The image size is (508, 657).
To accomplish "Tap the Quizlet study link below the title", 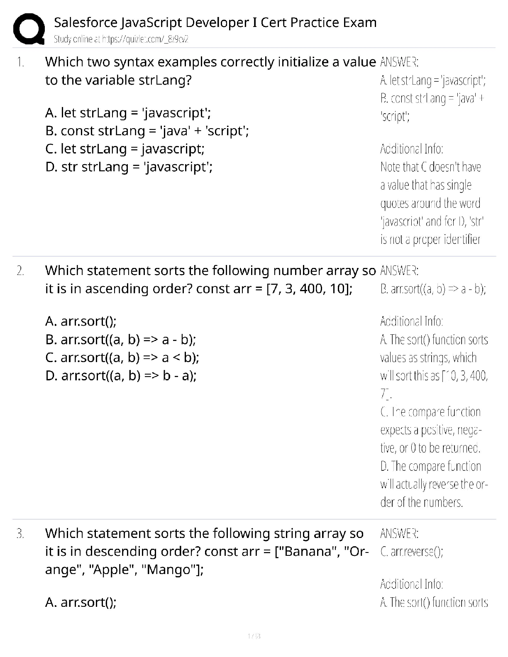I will pos(121,39).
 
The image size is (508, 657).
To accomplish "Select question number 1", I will pos(20,62).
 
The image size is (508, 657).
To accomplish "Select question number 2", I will pos(20,271).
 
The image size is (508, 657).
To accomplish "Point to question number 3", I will pos(20,533).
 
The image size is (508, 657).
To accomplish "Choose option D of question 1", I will pos(129,167).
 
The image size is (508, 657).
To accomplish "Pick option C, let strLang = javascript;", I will pos(125,148).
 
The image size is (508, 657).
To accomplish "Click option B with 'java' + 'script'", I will pos(147,131).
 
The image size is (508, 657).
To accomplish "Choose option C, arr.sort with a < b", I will pos(122,357).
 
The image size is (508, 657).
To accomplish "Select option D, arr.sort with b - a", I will pos(121,375).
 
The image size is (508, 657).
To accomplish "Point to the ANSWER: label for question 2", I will pos(399,271).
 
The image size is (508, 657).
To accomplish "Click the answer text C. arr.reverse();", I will pos(412,552).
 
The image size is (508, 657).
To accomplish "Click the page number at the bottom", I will pos(254,636).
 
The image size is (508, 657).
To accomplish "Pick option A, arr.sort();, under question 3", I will pos(81,602).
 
